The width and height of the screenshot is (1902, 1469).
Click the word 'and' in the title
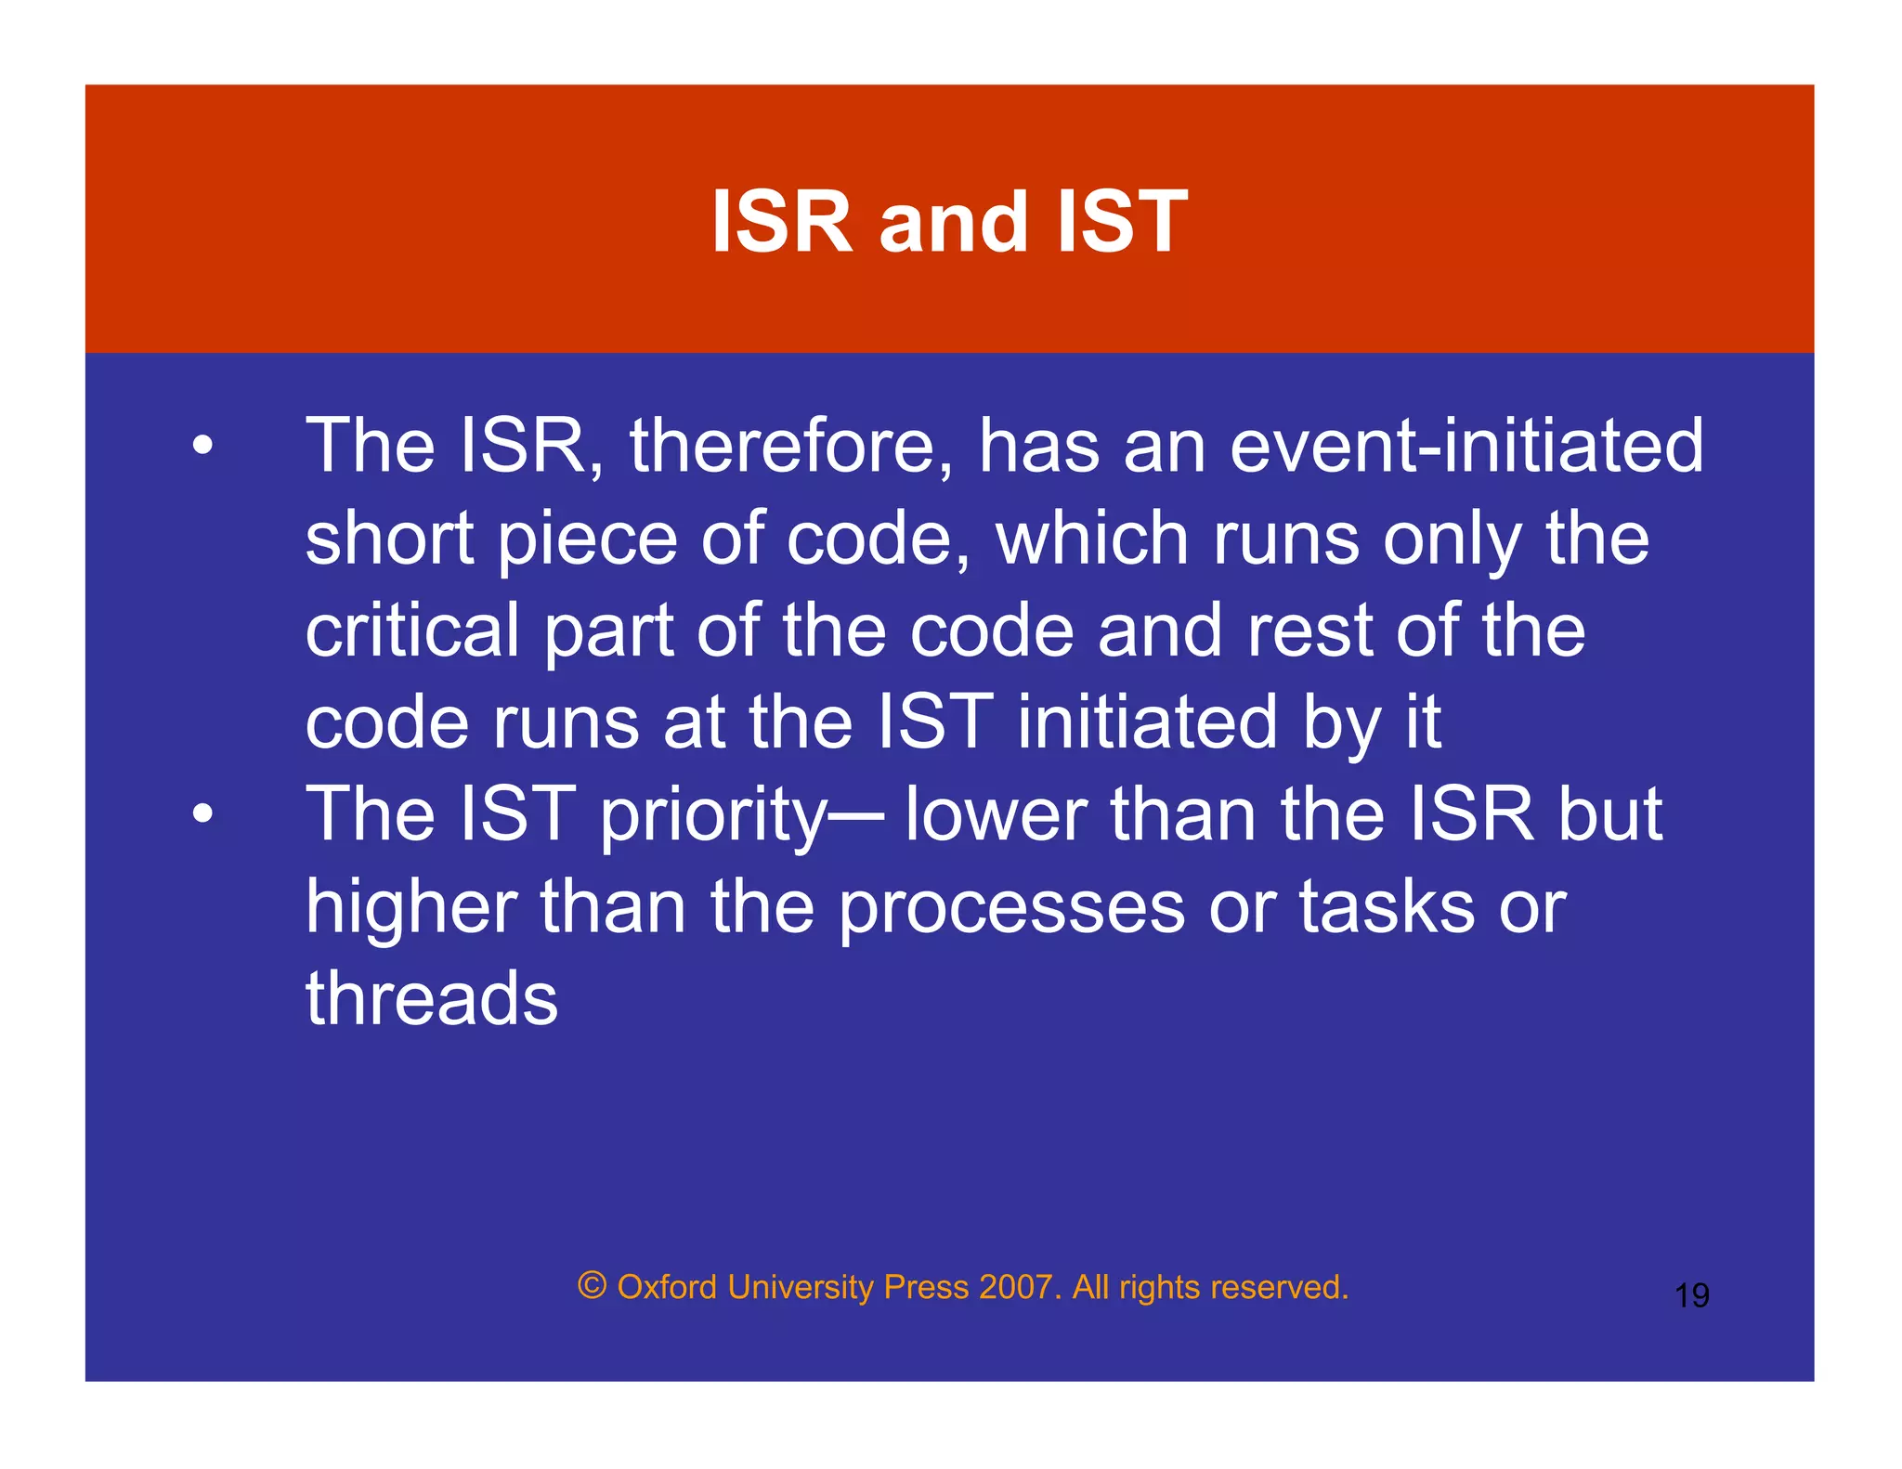click(953, 223)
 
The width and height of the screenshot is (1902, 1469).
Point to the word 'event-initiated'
click(1466, 447)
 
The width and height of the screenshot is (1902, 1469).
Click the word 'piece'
click(588, 539)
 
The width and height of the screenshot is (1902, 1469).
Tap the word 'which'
click(1092, 539)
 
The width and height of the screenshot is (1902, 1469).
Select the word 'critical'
click(412, 631)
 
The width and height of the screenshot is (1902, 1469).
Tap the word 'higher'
click(411, 908)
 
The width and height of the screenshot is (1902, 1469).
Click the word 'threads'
click(432, 999)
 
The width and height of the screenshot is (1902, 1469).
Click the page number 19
click(1691, 1295)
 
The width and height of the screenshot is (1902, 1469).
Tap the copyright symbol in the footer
click(592, 1286)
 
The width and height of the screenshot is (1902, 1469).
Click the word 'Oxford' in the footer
click(667, 1287)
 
